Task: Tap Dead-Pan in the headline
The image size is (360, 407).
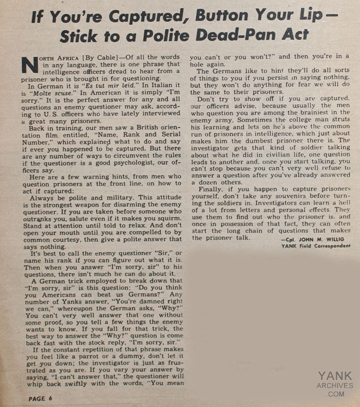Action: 213,35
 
